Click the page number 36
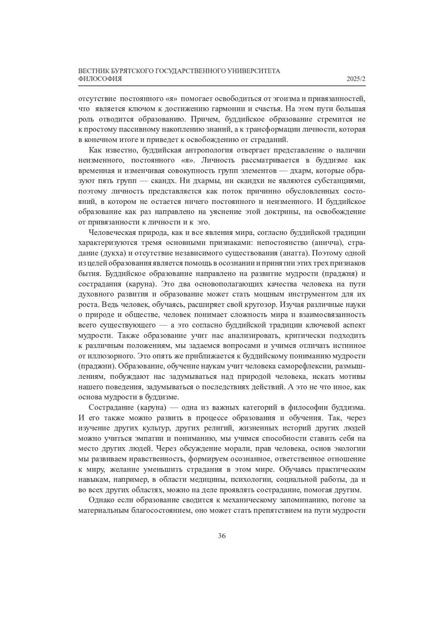[222, 536]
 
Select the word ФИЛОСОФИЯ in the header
[100, 79]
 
